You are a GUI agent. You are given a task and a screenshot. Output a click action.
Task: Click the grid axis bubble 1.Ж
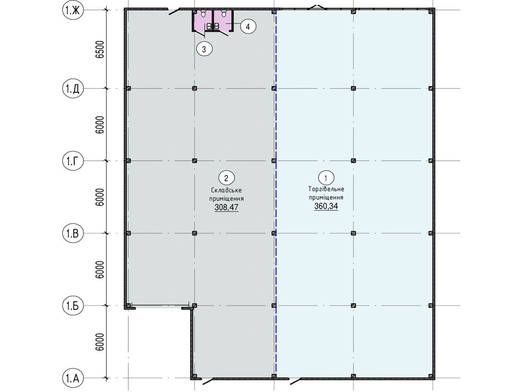(73, 10)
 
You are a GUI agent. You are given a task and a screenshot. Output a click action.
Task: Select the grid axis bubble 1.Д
(73, 89)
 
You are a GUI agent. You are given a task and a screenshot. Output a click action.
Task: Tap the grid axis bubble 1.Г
(73, 161)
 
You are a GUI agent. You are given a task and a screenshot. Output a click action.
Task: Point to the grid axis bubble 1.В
(73, 233)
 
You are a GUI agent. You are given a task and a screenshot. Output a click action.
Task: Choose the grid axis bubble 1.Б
(73, 305)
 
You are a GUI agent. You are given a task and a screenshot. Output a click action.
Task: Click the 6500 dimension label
(100, 49)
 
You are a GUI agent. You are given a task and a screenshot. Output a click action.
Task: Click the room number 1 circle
(326, 178)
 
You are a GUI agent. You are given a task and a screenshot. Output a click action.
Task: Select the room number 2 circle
(226, 178)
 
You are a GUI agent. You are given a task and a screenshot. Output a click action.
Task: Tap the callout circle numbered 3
(204, 49)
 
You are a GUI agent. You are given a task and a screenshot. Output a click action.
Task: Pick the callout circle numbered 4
(248, 27)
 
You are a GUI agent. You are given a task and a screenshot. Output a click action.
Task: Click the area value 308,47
(226, 207)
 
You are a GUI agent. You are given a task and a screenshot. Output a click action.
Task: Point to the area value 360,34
(326, 206)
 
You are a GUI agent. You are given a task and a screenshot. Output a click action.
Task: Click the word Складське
(226, 190)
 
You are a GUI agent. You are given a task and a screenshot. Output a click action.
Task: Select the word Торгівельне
(326, 189)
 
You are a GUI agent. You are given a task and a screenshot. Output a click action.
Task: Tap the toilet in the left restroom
(203, 13)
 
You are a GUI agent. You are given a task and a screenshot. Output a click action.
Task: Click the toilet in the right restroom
(224, 13)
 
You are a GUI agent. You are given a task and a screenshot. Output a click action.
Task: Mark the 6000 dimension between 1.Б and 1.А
(100, 342)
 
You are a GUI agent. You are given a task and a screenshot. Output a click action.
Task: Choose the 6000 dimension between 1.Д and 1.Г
(100, 125)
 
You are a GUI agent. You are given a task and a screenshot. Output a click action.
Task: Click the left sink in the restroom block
(209, 26)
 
